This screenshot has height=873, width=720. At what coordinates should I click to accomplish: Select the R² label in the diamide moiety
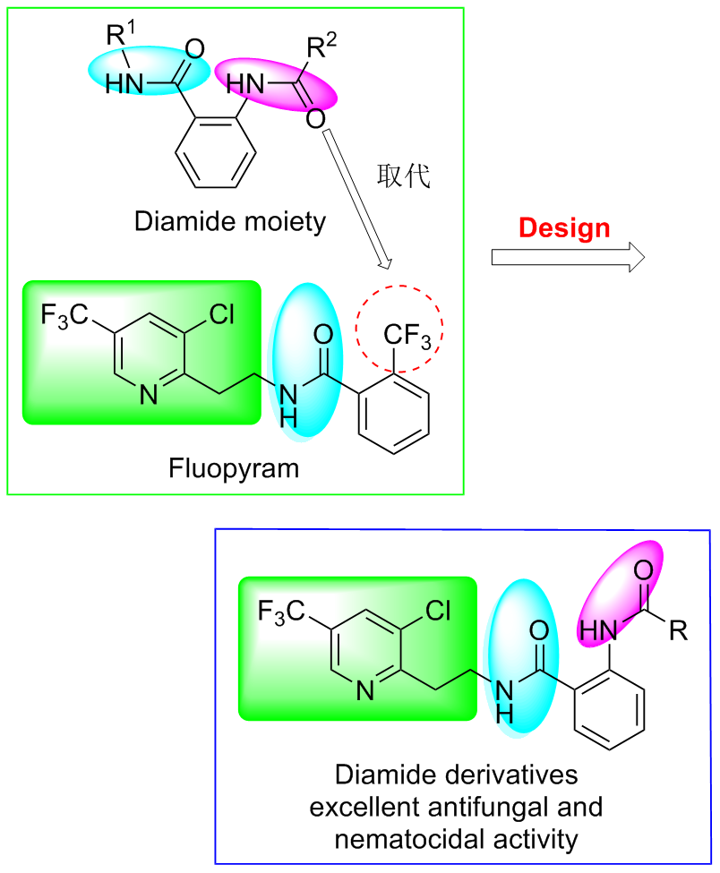[x=321, y=49]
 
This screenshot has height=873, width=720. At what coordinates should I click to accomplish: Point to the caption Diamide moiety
[x=230, y=220]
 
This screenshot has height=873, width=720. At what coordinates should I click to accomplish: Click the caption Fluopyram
[x=234, y=467]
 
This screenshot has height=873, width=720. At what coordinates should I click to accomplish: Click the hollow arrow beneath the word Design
[x=568, y=258]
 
